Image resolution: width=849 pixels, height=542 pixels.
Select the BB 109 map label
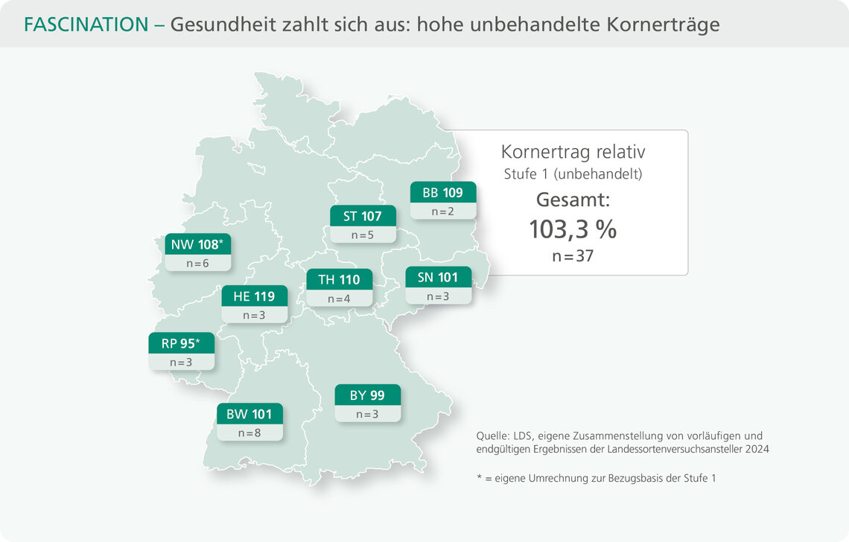click(x=443, y=193)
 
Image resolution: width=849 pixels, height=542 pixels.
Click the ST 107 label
click(x=363, y=217)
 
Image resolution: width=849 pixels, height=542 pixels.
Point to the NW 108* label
click(x=197, y=244)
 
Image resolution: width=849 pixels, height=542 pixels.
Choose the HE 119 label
click(x=254, y=296)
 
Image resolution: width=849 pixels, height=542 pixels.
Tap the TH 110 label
click(x=339, y=280)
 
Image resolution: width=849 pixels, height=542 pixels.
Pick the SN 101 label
click(x=438, y=278)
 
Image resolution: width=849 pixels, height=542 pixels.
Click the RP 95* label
click(x=181, y=343)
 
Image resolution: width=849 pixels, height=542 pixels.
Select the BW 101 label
click(x=249, y=414)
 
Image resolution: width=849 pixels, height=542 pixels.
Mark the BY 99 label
click(x=367, y=395)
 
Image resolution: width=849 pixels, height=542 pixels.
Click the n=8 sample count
click(x=249, y=433)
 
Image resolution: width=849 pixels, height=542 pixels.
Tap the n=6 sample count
click(x=197, y=263)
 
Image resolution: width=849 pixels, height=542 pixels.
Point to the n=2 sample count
click(x=443, y=211)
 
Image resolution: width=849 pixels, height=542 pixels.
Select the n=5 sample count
click(x=363, y=235)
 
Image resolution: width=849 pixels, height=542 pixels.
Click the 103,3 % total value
click(x=573, y=229)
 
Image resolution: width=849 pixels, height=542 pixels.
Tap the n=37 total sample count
click(x=573, y=256)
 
